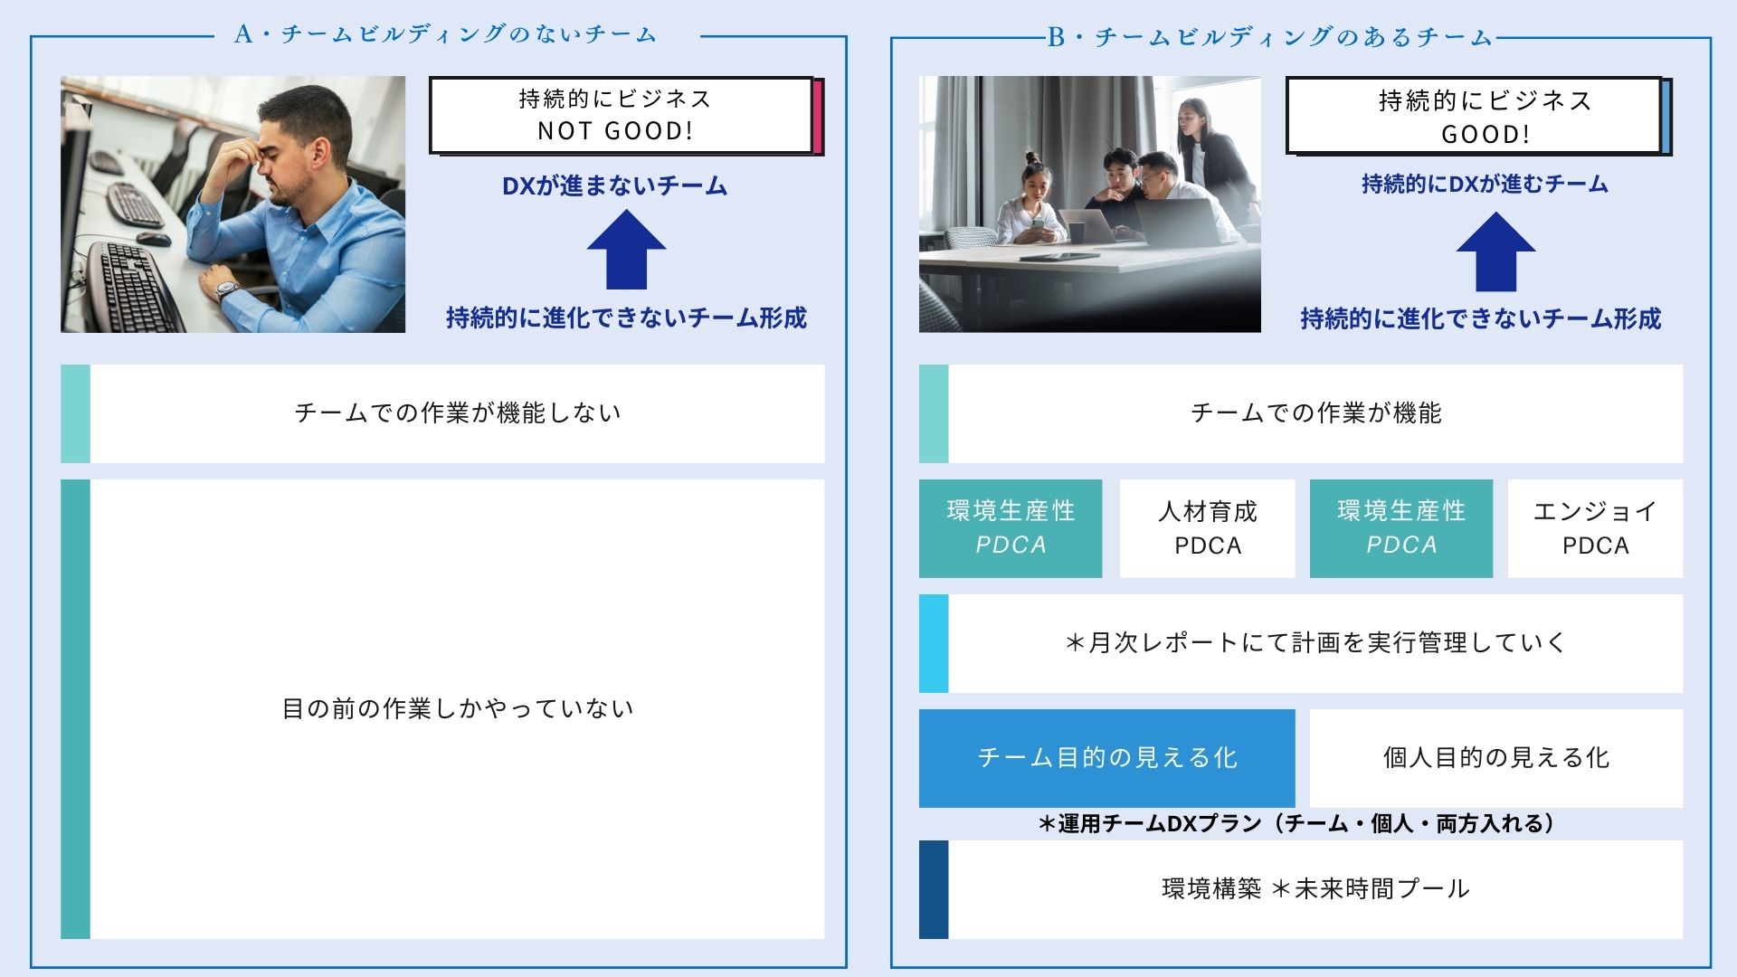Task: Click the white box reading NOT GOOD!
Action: [622, 115]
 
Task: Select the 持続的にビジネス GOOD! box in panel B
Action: [1475, 115]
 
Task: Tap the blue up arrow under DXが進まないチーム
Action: [626, 250]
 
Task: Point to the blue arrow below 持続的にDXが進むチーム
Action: [1495, 251]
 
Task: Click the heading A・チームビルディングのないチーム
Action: [445, 34]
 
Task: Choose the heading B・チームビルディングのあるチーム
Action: [1270, 37]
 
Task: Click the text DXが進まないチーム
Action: [615, 185]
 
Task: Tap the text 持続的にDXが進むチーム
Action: [1485, 184]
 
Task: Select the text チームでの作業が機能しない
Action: [458, 413]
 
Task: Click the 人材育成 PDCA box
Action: [1207, 528]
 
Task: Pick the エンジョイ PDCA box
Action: [1595, 528]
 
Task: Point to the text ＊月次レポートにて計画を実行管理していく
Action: [1315, 642]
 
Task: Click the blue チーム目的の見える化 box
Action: [1106, 758]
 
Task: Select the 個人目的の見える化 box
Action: [1495, 758]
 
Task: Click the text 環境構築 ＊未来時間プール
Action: [1315, 888]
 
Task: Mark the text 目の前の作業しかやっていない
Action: [458, 708]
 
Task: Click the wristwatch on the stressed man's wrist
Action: [226, 291]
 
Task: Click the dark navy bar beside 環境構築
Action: [934, 889]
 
